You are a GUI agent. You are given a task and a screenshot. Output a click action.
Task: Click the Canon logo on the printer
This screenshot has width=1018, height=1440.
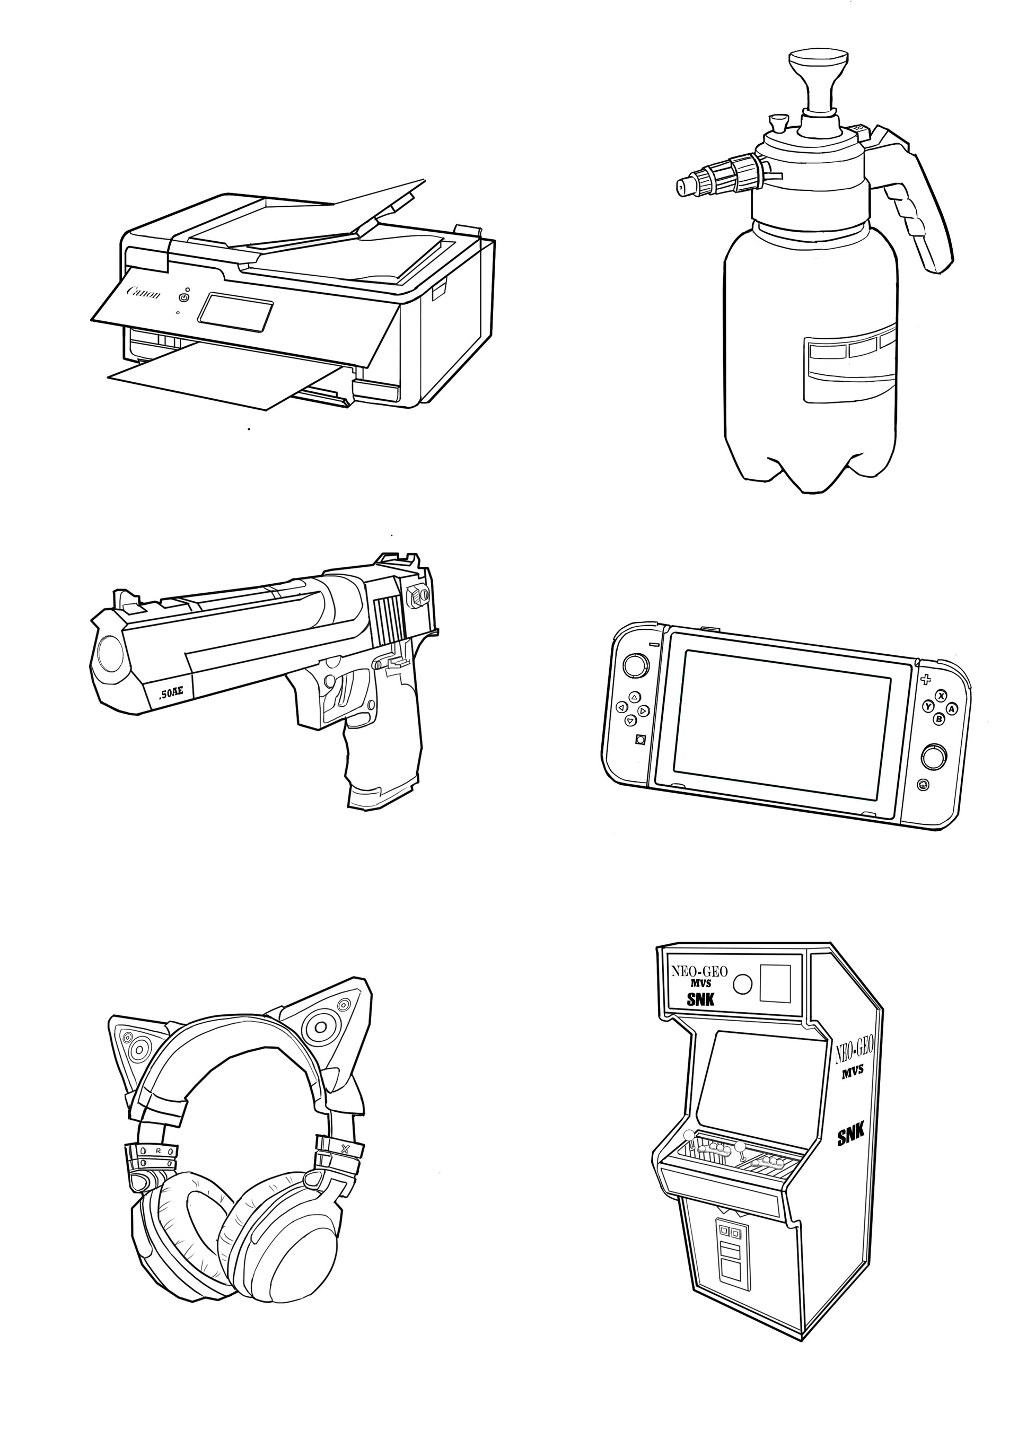(144, 293)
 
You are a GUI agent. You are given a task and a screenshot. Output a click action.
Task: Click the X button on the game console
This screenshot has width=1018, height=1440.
(941, 696)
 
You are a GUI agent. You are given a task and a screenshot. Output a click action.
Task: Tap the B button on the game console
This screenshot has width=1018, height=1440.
(939, 719)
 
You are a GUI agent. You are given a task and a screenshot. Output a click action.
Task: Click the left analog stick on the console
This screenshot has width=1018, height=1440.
(636, 665)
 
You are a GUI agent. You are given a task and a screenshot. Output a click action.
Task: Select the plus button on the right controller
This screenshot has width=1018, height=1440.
(925, 679)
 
